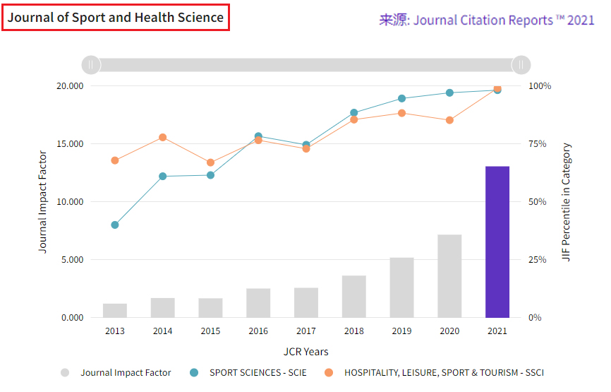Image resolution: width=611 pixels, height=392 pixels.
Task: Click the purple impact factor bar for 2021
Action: click(x=497, y=242)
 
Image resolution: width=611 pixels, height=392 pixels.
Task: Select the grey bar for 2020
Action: click(x=449, y=276)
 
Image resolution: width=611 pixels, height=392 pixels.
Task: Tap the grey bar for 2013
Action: click(x=115, y=311)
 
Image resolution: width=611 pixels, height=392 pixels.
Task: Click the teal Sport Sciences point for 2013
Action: click(x=115, y=225)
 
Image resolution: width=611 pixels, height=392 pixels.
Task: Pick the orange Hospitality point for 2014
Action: click(x=162, y=138)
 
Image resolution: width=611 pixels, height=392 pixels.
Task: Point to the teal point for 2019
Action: click(x=401, y=99)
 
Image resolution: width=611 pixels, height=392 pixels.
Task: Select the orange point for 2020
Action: click(x=449, y=121)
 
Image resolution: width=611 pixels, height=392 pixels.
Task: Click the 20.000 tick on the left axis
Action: click(x=70, y=86)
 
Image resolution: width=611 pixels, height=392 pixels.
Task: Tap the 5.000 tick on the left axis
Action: click(x=72, y=260)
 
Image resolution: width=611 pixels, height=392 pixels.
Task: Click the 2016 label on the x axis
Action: click(x=258, y=331)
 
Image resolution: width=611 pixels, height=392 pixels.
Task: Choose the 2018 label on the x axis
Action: click(x=353, y=331)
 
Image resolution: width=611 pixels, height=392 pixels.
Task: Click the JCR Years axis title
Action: click(x=305, y=352)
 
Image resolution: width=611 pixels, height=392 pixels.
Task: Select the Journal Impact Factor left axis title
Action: click(x=43, y=202)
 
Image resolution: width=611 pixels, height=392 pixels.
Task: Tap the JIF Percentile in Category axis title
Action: click(x=567, y=202)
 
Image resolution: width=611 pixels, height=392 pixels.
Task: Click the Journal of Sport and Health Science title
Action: click(x=116, y=18)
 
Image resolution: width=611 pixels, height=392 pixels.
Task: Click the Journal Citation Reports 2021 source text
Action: click(x=487, y=20)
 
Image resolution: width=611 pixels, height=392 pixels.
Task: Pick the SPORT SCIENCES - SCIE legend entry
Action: click(x=248, y=373)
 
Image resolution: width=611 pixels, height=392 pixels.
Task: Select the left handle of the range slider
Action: click(x=91, y=65)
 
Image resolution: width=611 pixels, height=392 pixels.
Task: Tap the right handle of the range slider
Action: click(x=521, y=65)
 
